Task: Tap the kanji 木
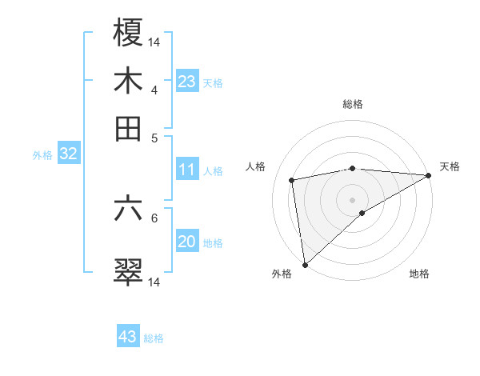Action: [x=128, y=81]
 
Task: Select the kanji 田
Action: [x=128, y=129]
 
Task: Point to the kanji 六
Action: [x=128, y=209]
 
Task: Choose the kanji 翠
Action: [x=128, y=273]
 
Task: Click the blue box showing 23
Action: [x=187, y=81]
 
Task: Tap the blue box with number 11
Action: [x=187, y=169]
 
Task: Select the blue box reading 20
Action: [x=187, y=242]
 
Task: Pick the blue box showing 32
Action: [x=68, y=154]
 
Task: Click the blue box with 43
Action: [x=128, y=337]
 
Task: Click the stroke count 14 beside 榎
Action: [x=154, y=42]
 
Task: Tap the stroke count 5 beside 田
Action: [x=154, y=138]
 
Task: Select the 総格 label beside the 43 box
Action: [x=154, y=338]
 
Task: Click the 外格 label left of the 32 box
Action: [x=42, y=155]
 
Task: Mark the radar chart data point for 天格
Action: [x=429, y=175]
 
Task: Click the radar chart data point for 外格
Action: [x=305, y=264]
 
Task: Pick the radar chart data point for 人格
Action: [x=292, y=180]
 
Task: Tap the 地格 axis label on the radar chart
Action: [x=419, y=274]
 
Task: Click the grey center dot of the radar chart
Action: [x=353, y=199]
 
